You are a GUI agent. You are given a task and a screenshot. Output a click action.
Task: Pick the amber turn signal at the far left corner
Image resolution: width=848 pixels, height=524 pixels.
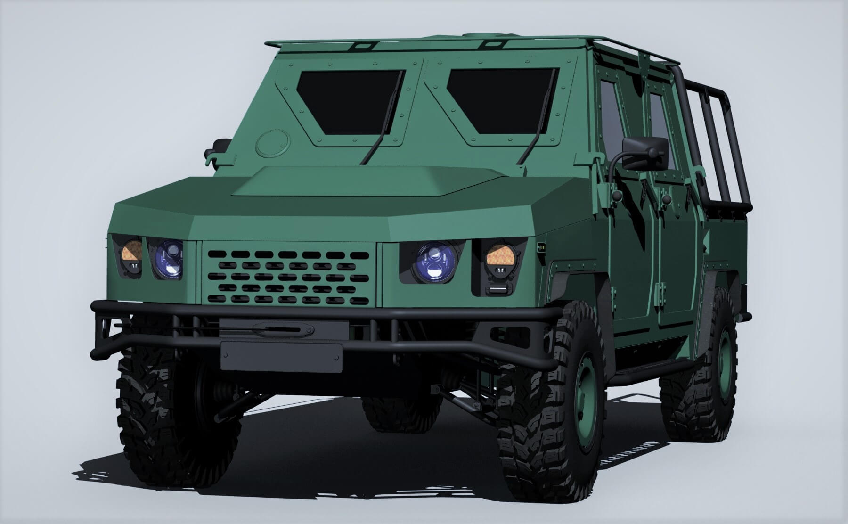point(131,251)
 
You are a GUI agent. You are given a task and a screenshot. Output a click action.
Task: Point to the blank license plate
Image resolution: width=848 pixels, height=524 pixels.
point(281,357)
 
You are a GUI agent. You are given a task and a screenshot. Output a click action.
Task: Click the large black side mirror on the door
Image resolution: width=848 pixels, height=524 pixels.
point(644,153)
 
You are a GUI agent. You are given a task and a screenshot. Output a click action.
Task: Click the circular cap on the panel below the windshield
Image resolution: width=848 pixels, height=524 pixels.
point(273,143)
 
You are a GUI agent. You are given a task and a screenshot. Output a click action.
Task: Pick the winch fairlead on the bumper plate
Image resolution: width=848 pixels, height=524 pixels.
point(283,329)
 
